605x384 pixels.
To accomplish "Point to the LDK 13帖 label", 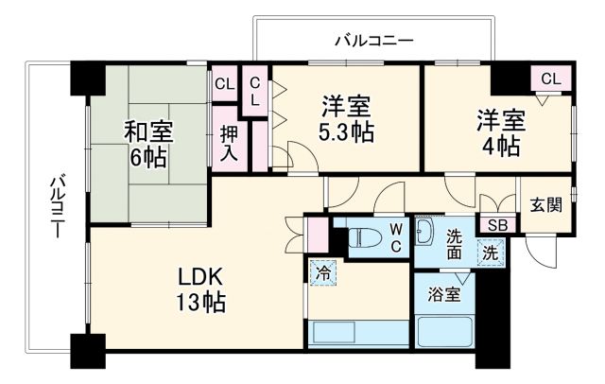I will click(200, 290).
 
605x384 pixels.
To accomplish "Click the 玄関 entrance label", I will click(546, 204).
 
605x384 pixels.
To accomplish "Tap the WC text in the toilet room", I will click(396, 236).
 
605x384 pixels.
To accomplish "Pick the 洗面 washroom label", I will click(455, 244).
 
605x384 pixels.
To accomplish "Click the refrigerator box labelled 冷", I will click(323, 271).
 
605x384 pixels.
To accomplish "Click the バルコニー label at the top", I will click(374, 40).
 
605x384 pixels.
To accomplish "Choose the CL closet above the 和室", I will click(224, 84).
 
